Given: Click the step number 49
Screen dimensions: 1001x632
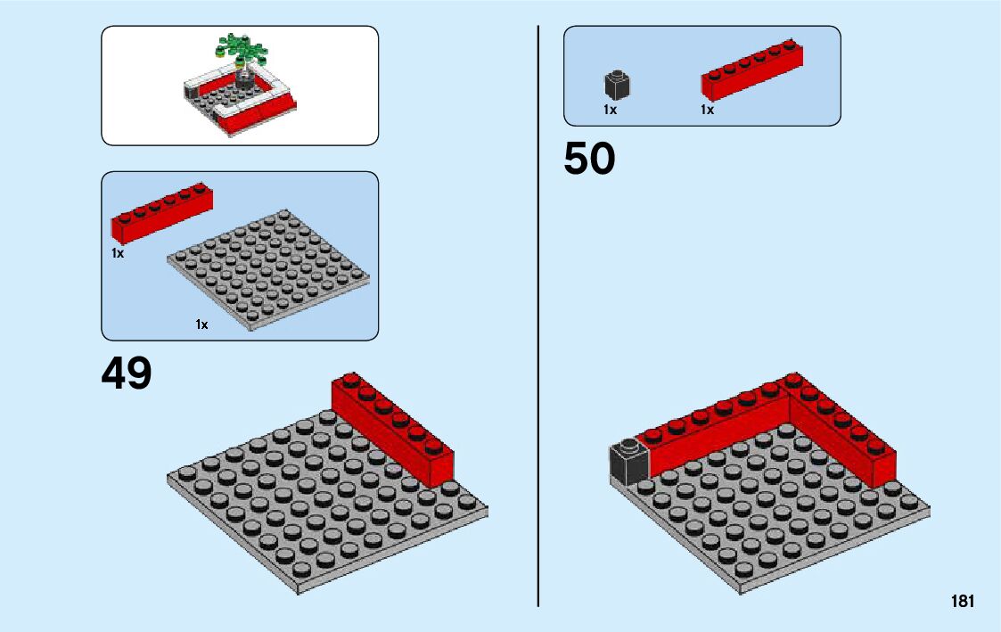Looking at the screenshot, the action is (x=127, y=373).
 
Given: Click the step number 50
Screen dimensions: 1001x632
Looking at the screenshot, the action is (x=589, y=160).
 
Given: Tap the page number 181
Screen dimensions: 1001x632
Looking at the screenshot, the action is (x=962, y=602).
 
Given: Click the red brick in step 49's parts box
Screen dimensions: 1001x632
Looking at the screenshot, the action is (x=161, y=214).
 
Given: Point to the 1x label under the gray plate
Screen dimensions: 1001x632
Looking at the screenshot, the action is (x=202, y=324).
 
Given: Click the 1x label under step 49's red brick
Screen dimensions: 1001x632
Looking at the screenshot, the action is (x=118, y=253).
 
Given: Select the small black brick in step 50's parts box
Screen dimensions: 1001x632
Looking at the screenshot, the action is (x=617, y=86).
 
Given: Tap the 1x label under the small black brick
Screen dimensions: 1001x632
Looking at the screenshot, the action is (x=610, y=110).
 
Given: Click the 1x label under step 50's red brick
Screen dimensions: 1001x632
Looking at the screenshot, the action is (x=707, y=110).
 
